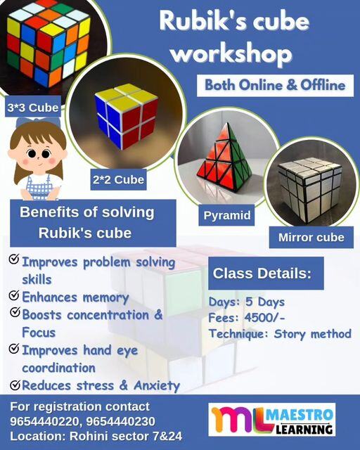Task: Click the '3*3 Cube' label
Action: click(x=32, y=108)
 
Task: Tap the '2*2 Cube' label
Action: click(x=118, y=180)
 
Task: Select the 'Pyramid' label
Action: click(x=227, y=215)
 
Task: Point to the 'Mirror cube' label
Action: click(x=311, y=237)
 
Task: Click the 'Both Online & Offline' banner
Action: click(x=275, y=85)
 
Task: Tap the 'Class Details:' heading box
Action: click(x=266, y=274)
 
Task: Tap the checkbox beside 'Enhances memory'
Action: click(x=14, y=295)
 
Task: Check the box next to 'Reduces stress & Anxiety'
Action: click(x=14, y=384)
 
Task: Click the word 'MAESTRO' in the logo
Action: click(x=303, y=412)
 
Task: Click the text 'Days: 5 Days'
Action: click(x=246, y=302)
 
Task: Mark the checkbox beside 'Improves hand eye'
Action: click(x=14, y=349)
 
